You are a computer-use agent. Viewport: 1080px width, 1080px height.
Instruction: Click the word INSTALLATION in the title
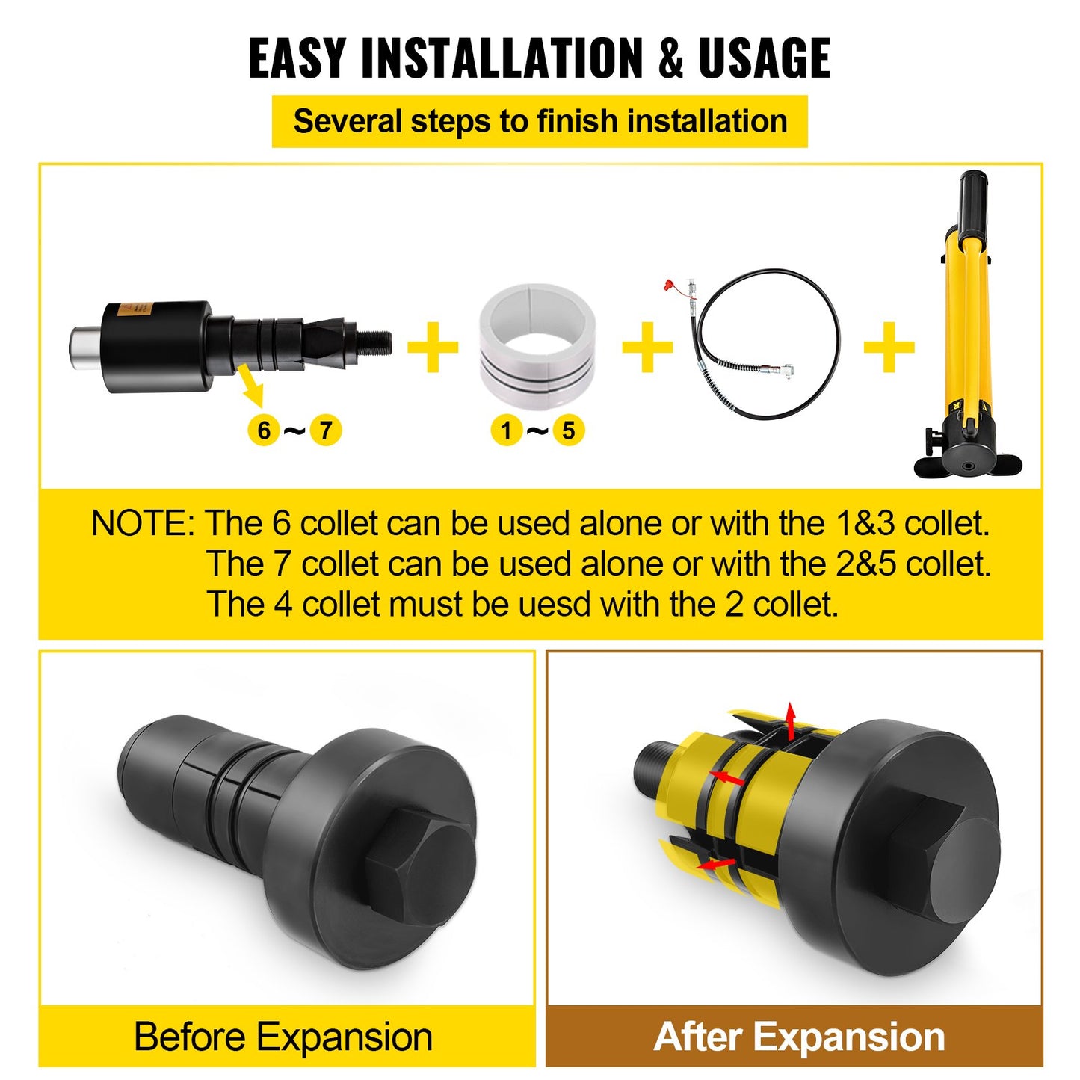[x=502, y=58]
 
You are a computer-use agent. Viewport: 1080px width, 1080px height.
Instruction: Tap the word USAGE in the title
[x=764, y=58]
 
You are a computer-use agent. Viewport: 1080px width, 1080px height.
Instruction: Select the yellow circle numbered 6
[x=263, y=431]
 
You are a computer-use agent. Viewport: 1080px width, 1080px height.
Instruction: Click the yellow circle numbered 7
[x=326, y=431]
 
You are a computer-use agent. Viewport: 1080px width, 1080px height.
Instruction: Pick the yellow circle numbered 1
[x=507, y=431]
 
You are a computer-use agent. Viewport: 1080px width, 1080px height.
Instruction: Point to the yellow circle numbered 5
[x=569, y=431]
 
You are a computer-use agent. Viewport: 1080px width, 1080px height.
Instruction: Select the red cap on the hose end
[x=670, y=286]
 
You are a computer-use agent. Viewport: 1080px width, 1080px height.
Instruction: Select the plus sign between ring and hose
[x=647, y=348]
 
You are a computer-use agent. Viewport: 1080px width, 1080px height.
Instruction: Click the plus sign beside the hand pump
[x=889, y=348]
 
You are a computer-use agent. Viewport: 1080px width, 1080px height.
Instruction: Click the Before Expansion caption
[x=283, y=1037]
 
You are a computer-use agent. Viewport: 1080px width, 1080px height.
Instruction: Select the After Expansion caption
[x=799, y=1037]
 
